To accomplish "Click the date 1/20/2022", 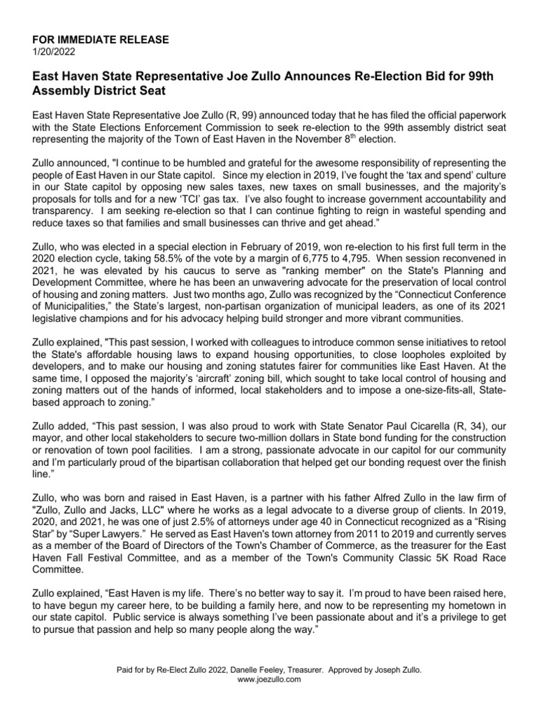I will coord(54,51).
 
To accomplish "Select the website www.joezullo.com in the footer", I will coord(268,679).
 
